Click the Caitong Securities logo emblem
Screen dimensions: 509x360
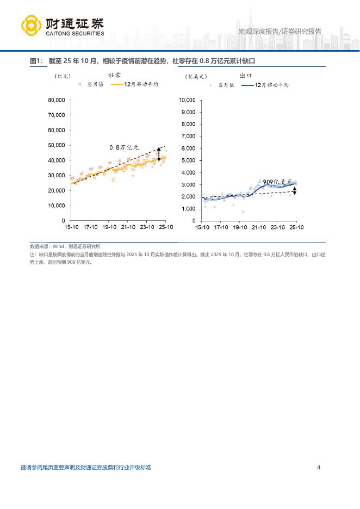[31, 26]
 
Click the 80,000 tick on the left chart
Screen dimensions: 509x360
[57, 100]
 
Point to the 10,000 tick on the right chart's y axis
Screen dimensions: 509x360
[187, 100]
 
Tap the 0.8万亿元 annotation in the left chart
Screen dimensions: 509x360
[125, 147]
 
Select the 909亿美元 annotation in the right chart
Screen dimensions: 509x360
[277, 182]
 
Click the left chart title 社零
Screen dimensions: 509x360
[114, 76]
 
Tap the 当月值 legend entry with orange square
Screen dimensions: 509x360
[91, 85]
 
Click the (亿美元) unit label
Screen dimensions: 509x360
[195, 76]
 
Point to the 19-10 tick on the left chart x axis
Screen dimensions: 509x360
[109, 227]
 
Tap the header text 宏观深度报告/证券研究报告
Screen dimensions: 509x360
[280, 32]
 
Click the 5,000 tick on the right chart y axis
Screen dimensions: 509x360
[188, 160]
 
